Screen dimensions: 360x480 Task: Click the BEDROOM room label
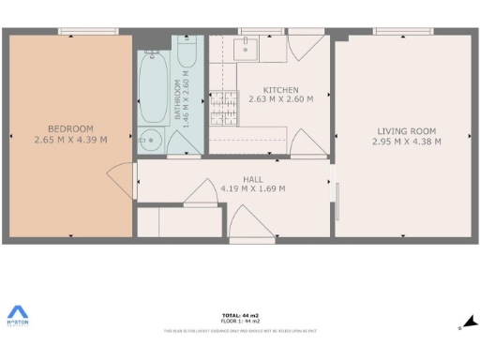[x=70, y=128]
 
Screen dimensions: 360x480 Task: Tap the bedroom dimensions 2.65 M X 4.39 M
[x=70, y=141]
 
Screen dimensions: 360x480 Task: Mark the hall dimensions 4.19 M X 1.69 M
[x=253, y=187]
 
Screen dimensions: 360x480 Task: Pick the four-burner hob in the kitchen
[x=223, y=108]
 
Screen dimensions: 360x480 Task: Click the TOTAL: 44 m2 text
[x=240, y=316]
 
